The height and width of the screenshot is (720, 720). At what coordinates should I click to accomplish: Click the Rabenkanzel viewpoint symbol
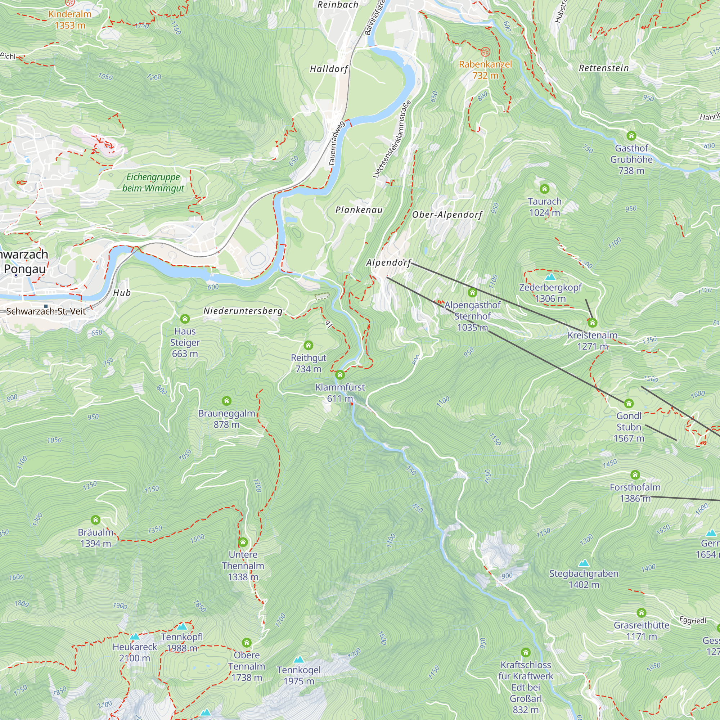(x=485, y=51)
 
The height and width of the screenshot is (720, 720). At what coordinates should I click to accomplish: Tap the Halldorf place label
(x=329, y=69)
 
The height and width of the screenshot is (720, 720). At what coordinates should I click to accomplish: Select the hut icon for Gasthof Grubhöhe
(x=631, y=136)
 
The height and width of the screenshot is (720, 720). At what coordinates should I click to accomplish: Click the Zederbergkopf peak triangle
(x=550, y=277)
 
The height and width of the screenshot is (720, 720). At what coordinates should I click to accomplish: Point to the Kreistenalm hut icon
(x=592, y=323)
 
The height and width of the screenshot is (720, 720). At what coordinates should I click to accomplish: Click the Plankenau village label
(x=359, y=210)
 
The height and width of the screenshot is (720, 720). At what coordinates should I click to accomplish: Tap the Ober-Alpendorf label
(x=447, y=215)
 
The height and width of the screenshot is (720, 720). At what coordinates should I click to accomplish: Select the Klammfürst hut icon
(x=339, y=374)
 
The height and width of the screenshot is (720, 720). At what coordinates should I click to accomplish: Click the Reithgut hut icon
(x=308, y=345)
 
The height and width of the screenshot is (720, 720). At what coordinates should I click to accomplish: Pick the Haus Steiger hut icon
(x=185, y=319)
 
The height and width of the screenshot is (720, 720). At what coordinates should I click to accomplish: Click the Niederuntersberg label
(x=243, y=311)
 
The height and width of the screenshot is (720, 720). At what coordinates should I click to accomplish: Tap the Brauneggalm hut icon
(x=226, y=401)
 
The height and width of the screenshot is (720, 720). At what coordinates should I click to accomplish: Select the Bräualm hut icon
(x=95, y=520)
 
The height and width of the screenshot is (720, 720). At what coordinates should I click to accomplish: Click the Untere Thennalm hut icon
(x=243, y=542)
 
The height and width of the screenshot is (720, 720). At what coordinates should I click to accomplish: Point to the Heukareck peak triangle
(x=135, y=636)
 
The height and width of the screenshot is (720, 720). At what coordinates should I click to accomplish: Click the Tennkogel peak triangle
(x=298, y=660)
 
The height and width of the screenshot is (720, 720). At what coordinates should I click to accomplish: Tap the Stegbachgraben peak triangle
(x=584, y=563)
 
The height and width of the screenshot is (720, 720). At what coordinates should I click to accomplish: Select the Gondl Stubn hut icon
(x=629, y=403)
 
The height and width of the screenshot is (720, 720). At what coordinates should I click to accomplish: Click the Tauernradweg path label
(x=336, y=144)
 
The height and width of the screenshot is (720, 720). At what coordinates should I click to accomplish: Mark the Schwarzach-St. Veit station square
(x=46, y=306)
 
